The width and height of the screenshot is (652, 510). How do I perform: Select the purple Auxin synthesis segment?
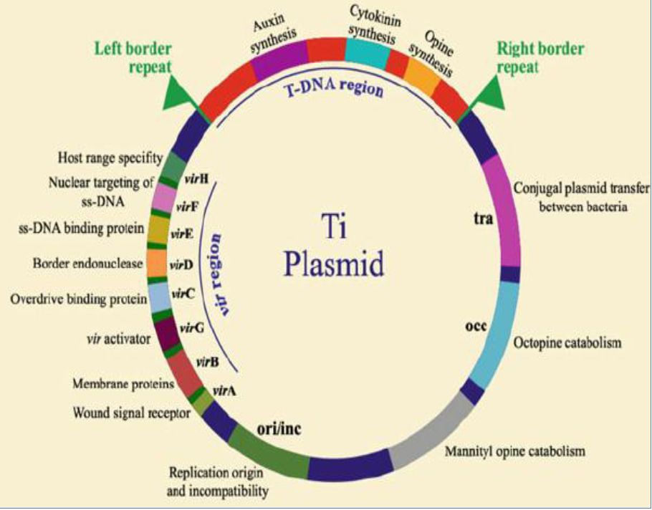click(x=279, y=57)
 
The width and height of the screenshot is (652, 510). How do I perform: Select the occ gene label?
click(x=475, y=327)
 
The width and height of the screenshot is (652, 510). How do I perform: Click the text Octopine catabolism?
click(x=567, y=343)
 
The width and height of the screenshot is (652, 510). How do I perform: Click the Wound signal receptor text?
click(x=131, y=413)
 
